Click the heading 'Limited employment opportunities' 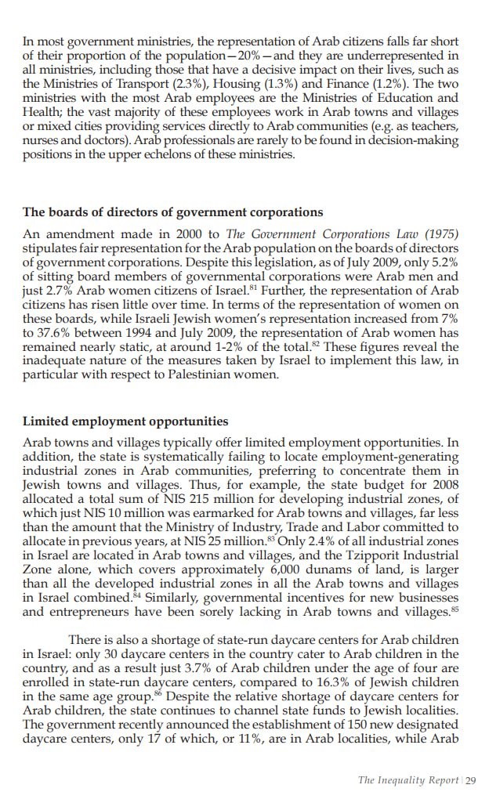(125, 421)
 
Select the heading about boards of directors (172, 212)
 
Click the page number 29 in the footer (471, 779)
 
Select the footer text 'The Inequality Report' (407, 779)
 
